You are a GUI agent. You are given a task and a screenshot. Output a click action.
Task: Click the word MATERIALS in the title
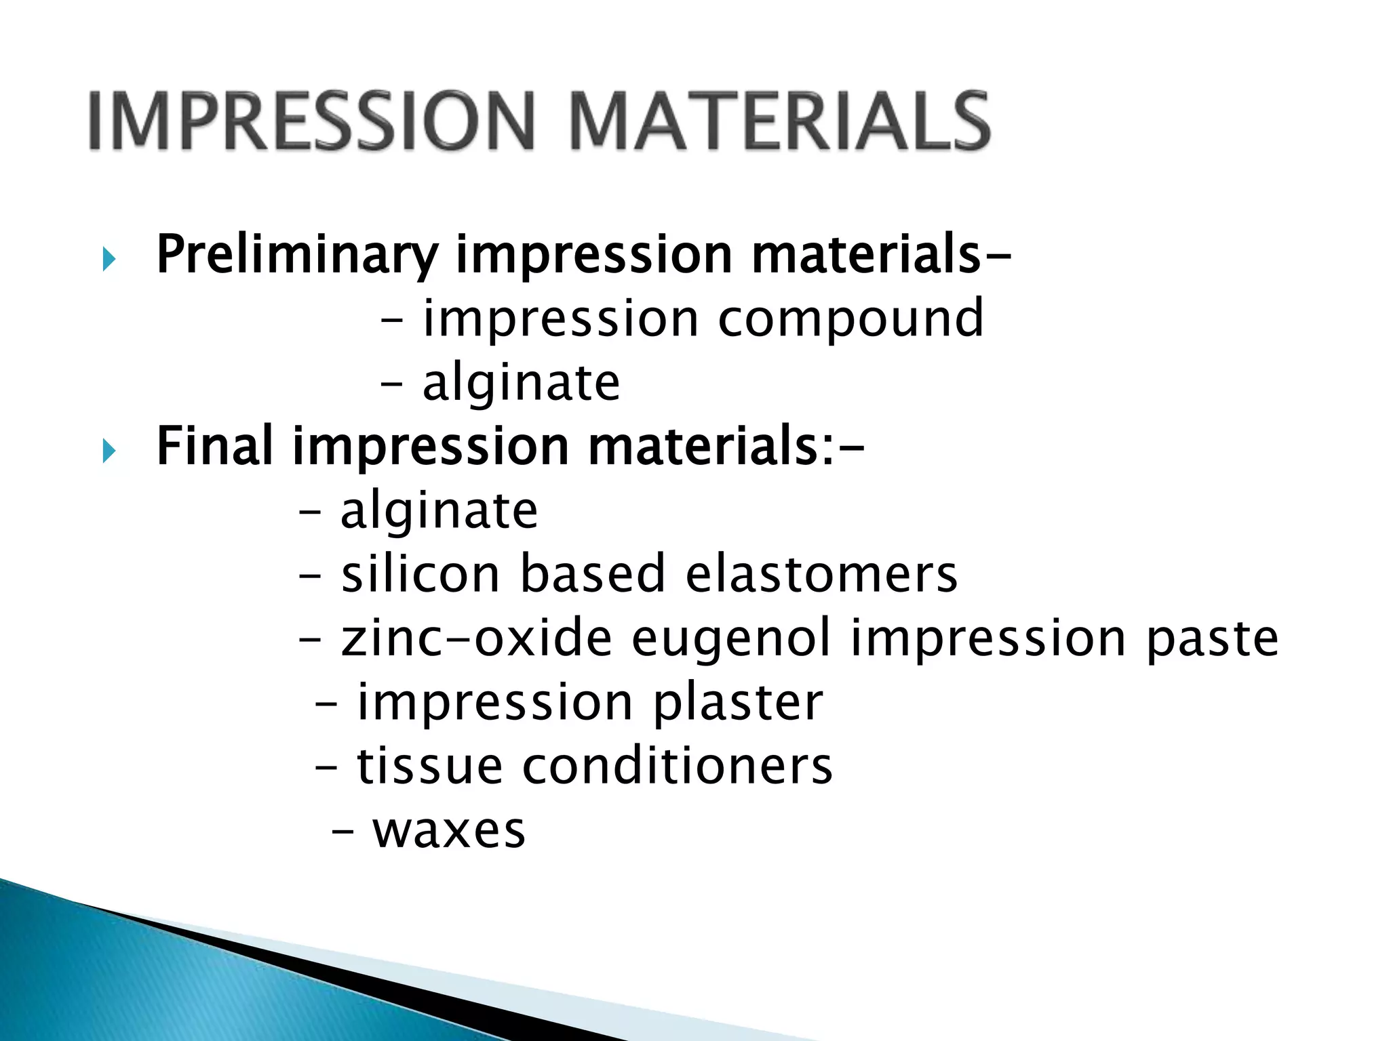(x=780, y=122)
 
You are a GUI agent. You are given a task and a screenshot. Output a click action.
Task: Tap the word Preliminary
(x=297, y=256)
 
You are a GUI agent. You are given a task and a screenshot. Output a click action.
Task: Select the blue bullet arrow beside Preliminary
(x=109, y=259)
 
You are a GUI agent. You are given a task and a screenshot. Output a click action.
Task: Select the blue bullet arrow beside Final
(x=109, y=451)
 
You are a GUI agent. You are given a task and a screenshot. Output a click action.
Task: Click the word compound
(x=850, y=319)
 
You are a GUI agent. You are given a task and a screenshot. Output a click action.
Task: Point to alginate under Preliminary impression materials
(x=521, y=383)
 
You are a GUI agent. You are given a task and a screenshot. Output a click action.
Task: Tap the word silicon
(x=420, y=573)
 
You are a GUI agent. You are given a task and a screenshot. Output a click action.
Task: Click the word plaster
(x=738, y=702)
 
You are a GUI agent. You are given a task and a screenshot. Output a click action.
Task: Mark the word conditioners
(x=677, y=766)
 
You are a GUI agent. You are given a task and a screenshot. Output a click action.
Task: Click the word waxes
(x=449, y=831)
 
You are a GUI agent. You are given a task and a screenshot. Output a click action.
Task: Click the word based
(x=592, y=573)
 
